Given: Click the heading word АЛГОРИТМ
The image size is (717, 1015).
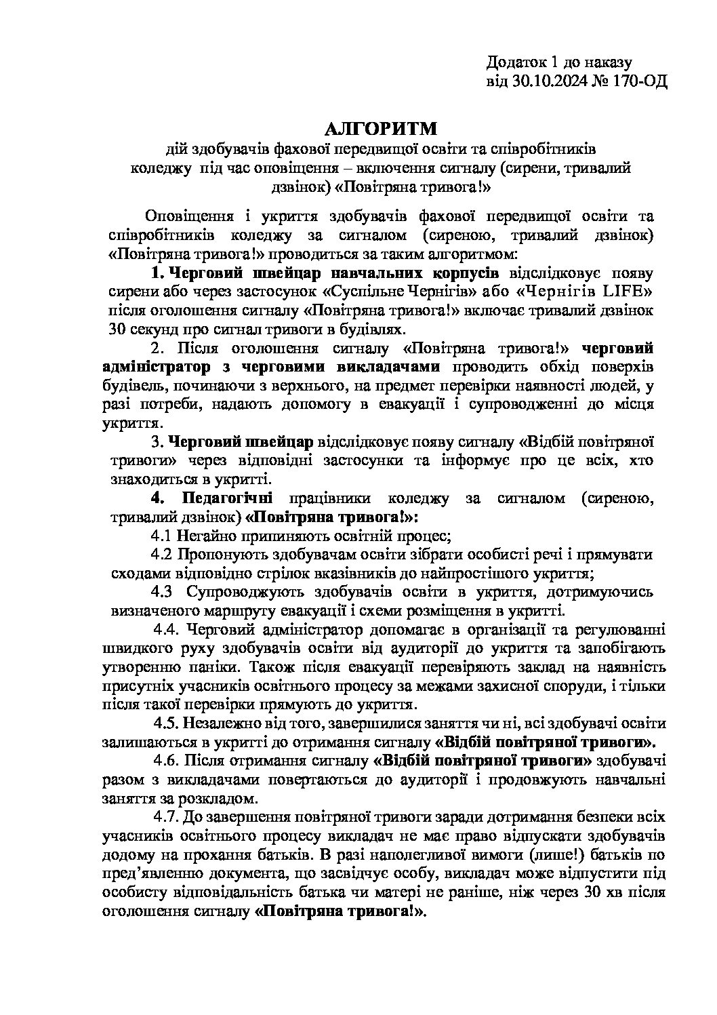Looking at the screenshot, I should point(383,129).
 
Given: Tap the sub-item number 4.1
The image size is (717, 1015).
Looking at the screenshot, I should point(163,536).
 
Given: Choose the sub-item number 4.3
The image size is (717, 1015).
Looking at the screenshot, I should point(164,592).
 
